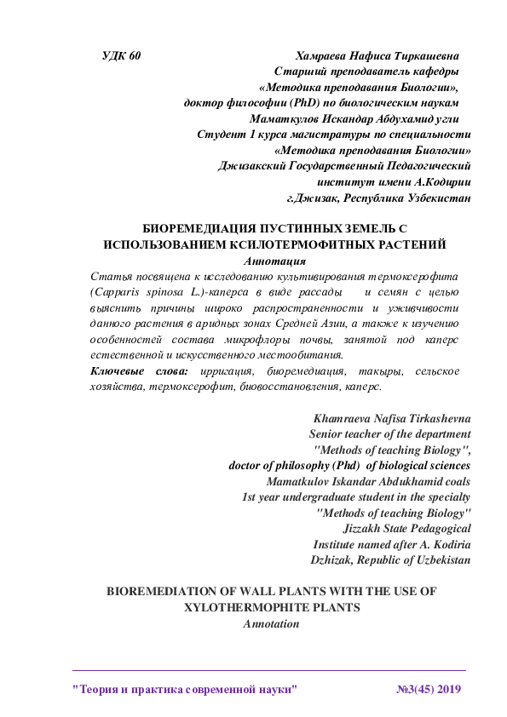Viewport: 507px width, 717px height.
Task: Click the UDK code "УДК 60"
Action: [121, 55]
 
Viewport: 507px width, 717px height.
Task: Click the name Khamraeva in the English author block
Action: [345, 419]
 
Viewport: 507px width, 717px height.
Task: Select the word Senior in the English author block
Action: [326, 434]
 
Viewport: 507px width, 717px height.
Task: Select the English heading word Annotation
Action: [272, 623]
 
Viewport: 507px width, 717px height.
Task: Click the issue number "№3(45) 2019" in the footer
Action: [428, 687]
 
